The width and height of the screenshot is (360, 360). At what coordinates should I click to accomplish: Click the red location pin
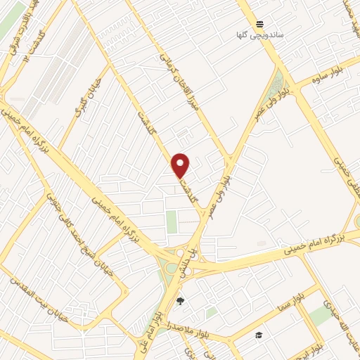181,165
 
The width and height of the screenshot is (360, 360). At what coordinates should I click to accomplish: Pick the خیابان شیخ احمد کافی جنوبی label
77,222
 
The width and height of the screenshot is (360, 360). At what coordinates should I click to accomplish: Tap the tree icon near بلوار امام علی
181,301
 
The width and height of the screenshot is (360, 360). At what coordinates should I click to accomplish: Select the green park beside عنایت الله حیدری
321,315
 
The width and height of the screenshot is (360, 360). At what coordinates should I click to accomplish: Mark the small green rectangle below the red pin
172,221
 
